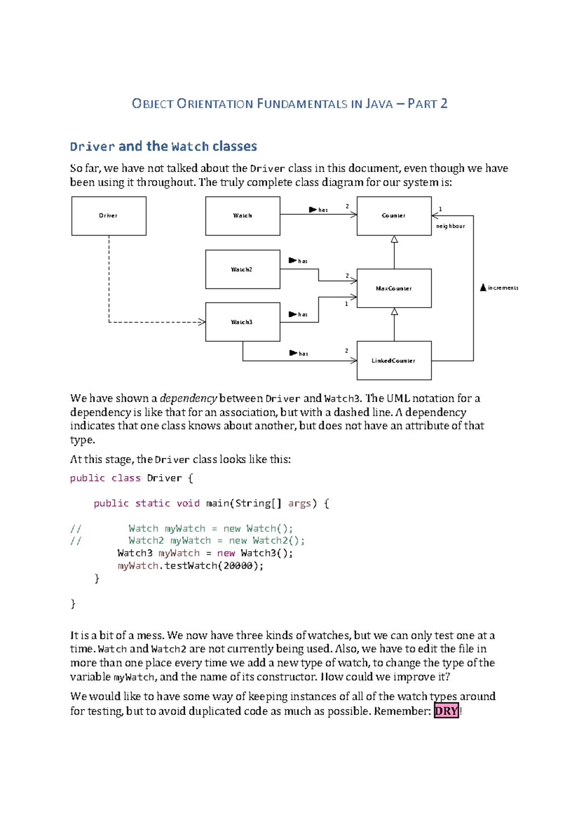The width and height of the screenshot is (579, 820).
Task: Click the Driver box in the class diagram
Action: [x=109, y=216]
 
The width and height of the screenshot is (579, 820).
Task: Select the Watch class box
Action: [x=243, y=216]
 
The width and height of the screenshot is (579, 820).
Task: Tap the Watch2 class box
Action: [x=243, y=269]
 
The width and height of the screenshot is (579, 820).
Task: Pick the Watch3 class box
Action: [x=243, y=322]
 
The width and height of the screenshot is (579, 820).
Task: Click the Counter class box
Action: [x=394, y=216]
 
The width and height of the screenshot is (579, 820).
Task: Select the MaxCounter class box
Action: [x=394, y=288]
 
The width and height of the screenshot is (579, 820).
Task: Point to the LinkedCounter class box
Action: [x=394, y=361]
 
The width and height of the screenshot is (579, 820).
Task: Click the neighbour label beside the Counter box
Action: [x=450, y=226]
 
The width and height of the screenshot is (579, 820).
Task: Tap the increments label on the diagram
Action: [x=503, y=288]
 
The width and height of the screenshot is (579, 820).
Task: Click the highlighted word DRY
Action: [x=446, y=711]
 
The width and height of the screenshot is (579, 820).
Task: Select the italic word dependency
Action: [x=188, y=398]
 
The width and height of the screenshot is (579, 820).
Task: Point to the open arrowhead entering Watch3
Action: [x=202, y=322]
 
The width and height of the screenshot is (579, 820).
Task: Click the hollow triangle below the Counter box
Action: [x=394, y=240]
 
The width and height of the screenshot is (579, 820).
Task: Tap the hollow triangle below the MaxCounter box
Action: [x=394, y=312]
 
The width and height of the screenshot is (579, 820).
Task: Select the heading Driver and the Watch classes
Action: [x=163, y=146]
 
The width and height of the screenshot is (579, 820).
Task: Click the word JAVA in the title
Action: [x=379, y=104]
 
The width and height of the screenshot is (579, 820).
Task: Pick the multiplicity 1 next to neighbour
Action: [x=440, y=209]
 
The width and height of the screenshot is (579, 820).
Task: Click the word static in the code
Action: [x=152, y=503]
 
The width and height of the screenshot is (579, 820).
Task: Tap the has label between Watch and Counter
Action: [x=323, y=210]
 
